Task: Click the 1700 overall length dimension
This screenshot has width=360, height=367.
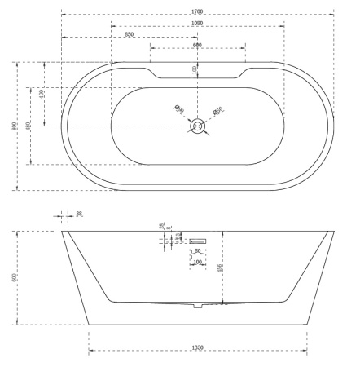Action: [x=198, y=11]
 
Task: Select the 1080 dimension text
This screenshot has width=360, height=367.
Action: [x=197, y=23]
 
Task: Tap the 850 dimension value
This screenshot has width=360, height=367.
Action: [x=130, y=34]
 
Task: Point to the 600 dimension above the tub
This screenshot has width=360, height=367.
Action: [x=198, y=46]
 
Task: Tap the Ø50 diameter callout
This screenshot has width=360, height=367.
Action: [x=217, y=110]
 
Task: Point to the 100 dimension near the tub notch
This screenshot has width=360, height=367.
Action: [x=195, y=70]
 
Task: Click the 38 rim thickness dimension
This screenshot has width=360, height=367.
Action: [x=79, y=215]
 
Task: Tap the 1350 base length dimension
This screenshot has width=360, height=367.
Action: [x=198, y=348]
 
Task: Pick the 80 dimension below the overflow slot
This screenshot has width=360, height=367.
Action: [x=197, y=252]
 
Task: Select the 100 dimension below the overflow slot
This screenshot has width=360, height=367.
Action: [x=197, y=263]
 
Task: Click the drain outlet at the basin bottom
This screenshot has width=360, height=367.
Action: [x=198, y=307]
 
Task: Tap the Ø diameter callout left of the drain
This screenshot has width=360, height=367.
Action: [x=179, y=108]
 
